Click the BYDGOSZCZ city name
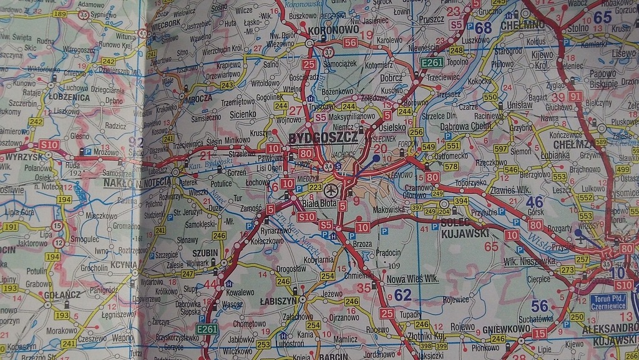[323, 137]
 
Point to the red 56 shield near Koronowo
[349, 42]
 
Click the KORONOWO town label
[333, 29]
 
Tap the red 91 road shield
[575, 96]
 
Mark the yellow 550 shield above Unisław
[490, 97]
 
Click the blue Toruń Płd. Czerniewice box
[608, 302]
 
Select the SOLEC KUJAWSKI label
[464, 228]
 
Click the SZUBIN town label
[205, 253]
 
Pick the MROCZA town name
[198, 98]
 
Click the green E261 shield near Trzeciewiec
[431, 62]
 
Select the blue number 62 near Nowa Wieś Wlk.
[402, 295]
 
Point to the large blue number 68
[483, 28]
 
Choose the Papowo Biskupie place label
[603, 79]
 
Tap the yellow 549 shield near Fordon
[428, 147]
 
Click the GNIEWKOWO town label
[507, 328]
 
